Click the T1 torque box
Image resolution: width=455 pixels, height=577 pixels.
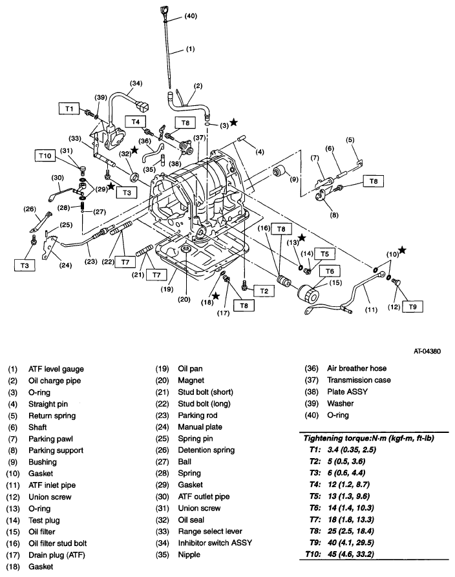click(69, 109)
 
